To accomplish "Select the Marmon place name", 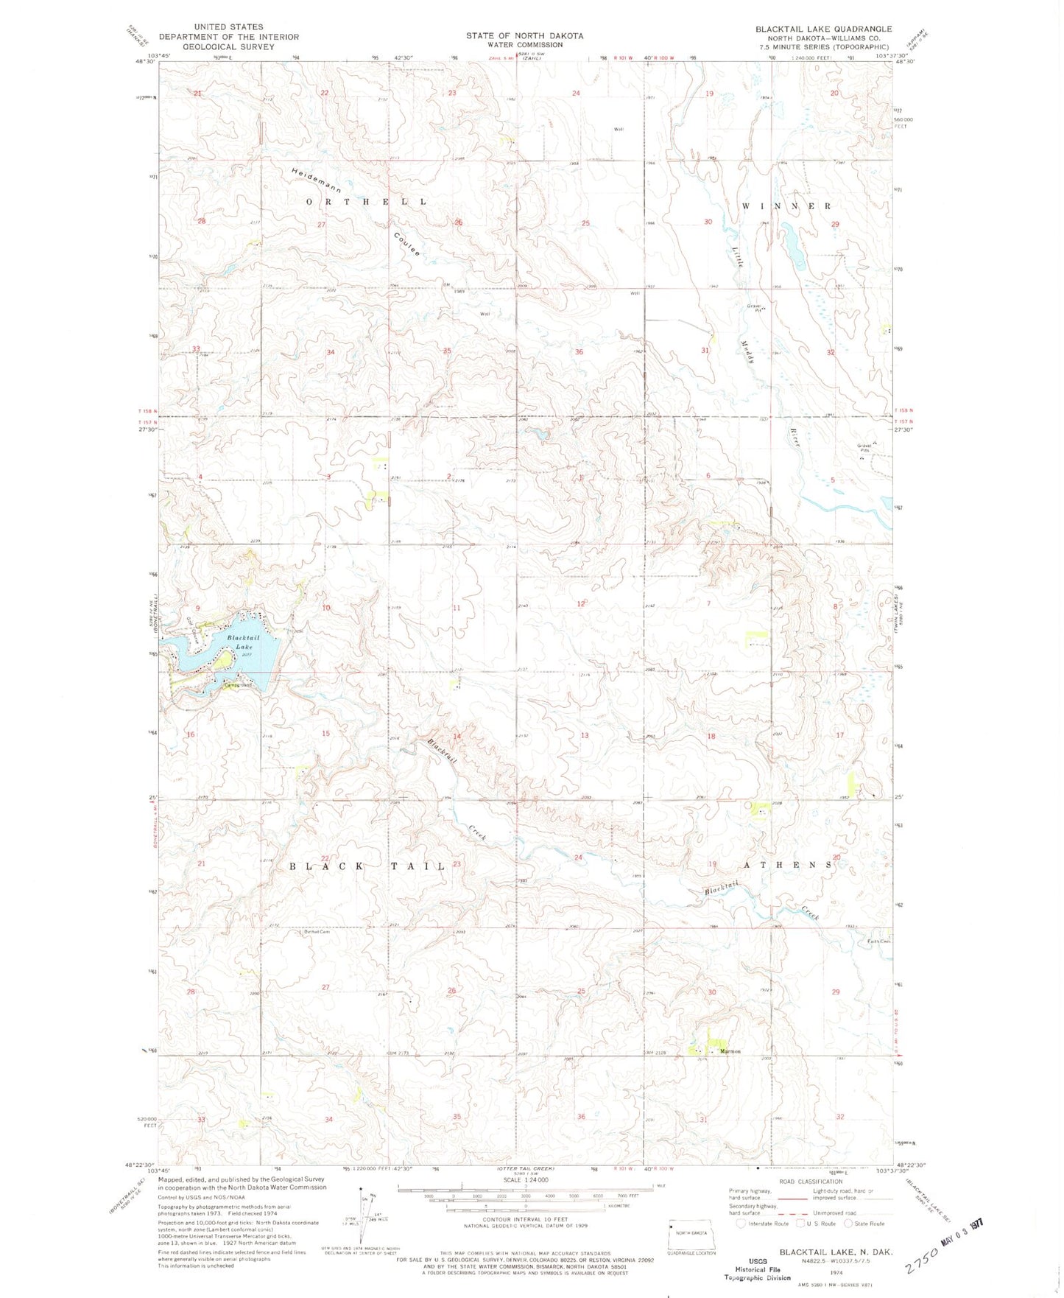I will (730, 1051).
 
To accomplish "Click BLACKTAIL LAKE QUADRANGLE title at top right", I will (823, 29).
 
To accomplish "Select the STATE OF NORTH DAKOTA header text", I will (524, 35).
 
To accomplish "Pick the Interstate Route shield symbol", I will (741, 1224).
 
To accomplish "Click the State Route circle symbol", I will (848, 1224).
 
